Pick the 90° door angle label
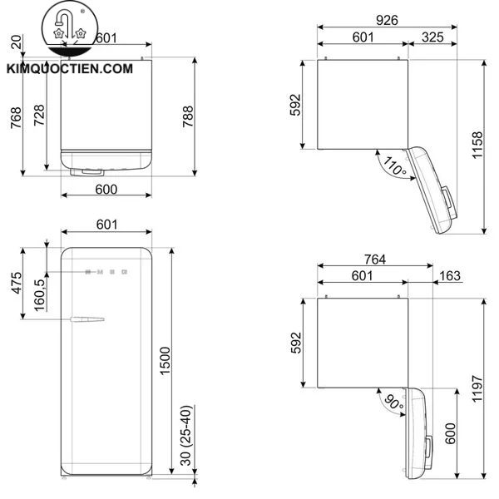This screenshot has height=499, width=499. point(393,406)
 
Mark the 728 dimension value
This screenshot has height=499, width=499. point(38,116)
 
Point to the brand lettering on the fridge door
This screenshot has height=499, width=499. point(106,270)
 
